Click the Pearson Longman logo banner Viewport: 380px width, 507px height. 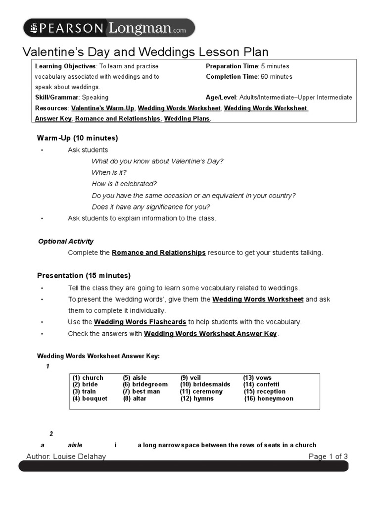click(x=109, y=28)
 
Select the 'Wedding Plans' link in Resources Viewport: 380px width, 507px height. click(x=187, y=119)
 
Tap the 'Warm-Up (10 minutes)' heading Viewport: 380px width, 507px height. click(x=77, y=138)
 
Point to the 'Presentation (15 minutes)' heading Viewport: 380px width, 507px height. click(x=84, y=276)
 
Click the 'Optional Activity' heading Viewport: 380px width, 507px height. click(x=66, y=242)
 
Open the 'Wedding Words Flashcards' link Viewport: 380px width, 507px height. click(x=140, y=322)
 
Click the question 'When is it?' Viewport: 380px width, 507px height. click(x=109, y=173)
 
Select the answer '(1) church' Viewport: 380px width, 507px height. click(x=88, y=378)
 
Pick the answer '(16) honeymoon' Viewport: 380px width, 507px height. click(x=269, y=399)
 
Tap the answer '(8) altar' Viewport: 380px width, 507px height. click(x=135, y=399)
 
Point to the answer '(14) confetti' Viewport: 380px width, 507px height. click(x=261, y=385)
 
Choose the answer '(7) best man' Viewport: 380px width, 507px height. click(x=142, y=392)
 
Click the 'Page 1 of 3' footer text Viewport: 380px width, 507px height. click(x=328, y=456)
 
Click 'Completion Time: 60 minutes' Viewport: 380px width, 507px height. click(x=249, y=77)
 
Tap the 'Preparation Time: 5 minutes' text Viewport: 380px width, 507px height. click(x=247, y=66)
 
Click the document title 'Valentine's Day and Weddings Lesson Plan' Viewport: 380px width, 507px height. click(x=146, y=52)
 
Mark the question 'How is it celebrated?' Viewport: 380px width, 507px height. click(x=124, y=184)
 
